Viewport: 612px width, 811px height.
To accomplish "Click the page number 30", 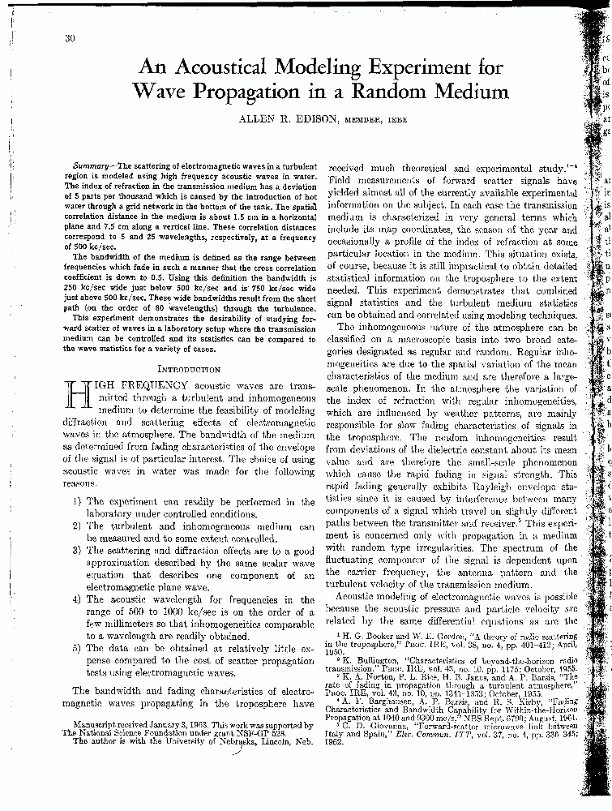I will (x=68, y=38).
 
